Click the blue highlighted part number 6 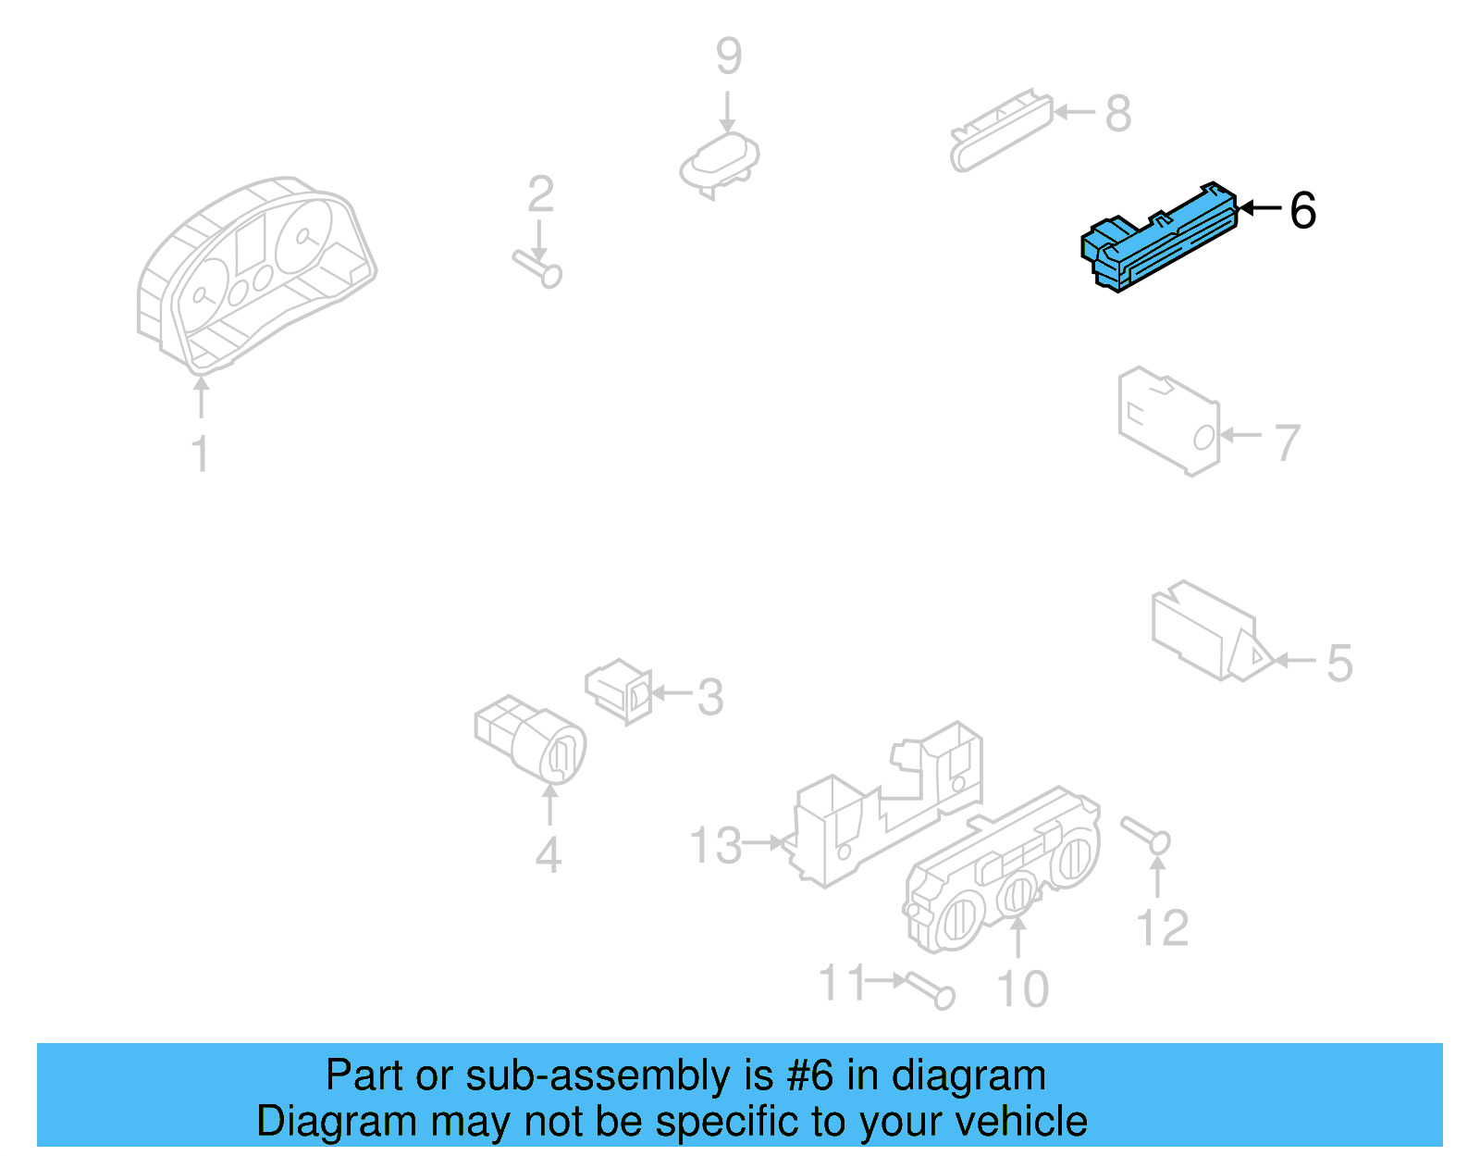1158,239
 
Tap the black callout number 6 1303,210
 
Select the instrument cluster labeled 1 256,275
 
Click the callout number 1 201,453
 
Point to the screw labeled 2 537,269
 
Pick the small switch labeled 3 619,690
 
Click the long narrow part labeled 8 1001,131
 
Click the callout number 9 728,56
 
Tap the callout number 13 715,845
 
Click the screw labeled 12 1145,835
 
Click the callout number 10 1022,988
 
